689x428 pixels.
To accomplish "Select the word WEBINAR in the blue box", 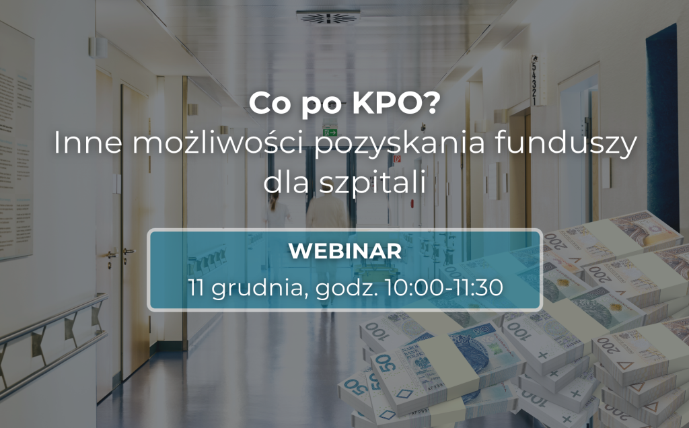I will [344, 251].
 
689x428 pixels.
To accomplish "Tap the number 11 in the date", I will [196, 287].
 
